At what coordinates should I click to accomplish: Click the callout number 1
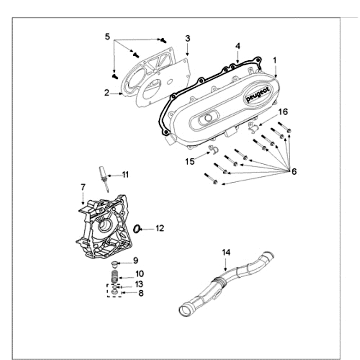pos(275,59)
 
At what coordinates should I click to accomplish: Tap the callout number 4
pos(238,46)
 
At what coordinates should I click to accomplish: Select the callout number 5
pos(107,36)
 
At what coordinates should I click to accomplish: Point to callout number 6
pos(294,172)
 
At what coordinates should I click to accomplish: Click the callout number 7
pos(83,187)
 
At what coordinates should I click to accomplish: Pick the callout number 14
pos(225,252)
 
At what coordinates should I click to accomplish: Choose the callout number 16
pos(282,112)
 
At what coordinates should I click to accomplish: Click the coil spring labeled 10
pos(115,274)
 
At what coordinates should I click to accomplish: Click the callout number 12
pos(160,229)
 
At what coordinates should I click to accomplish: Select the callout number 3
pos(188,38)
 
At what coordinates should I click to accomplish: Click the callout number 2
pos(107,93)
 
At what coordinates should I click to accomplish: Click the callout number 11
pos(125,175)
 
